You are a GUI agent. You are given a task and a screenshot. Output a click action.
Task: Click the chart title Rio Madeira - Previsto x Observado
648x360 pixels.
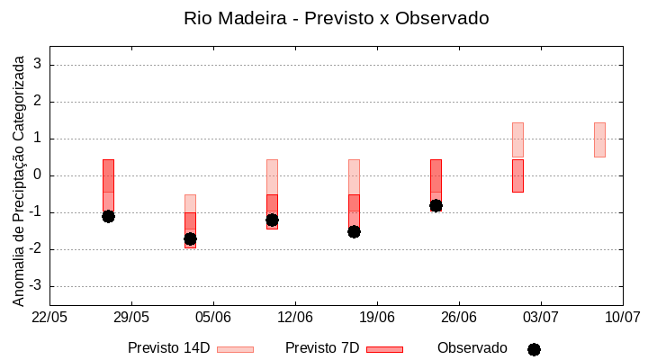336,18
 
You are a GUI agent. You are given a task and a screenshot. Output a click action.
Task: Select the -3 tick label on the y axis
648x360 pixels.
36,286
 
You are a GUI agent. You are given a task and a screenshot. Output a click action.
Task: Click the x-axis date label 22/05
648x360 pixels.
49,318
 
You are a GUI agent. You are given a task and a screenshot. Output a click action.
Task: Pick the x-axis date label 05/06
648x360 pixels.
213,318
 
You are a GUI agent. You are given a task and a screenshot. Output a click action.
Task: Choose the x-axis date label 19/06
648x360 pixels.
377,318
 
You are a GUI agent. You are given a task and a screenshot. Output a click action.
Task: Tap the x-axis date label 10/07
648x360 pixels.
622,318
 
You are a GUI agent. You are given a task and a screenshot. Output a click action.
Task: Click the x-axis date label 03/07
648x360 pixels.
540,318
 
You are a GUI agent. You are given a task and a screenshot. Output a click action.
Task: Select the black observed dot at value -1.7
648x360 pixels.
190,238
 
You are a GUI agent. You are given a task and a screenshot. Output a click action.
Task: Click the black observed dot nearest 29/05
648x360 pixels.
108,216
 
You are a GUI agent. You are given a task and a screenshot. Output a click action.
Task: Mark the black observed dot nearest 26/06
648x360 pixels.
436,205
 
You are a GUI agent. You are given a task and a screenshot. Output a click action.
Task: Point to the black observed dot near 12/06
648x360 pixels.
272,220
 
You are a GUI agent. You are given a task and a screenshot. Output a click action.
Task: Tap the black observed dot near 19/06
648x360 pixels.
354,231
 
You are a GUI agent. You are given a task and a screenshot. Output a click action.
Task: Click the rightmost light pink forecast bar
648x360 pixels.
599,139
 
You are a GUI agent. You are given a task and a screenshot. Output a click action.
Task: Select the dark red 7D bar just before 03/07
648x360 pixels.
517,175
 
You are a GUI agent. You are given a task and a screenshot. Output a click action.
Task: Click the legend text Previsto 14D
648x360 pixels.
168,348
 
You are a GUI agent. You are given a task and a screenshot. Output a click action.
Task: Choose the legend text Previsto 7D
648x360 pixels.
321,348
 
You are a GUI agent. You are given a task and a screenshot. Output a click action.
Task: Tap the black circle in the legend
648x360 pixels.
534,349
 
